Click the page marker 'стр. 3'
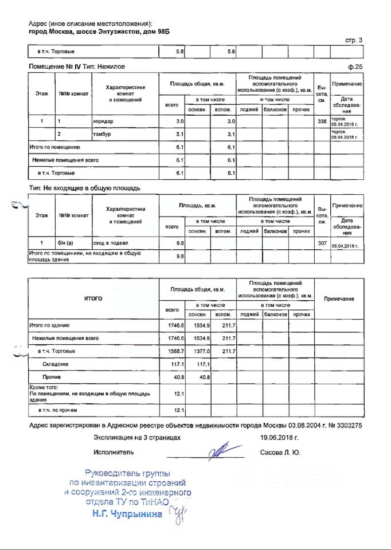click(x=353, y=40)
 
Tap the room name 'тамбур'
click(x=101, y=135)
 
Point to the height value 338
click(x=321, y=121)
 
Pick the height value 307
click(x=321, y=243)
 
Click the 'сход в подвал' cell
click(x=110, y=243)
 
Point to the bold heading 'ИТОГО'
click(x=93, y=299)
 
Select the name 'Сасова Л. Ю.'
click(x=280, y=452)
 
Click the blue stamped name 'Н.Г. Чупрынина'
click(x=127, y=514)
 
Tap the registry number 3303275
click(x=346, y=426)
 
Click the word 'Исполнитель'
click(x=114, y=452)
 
